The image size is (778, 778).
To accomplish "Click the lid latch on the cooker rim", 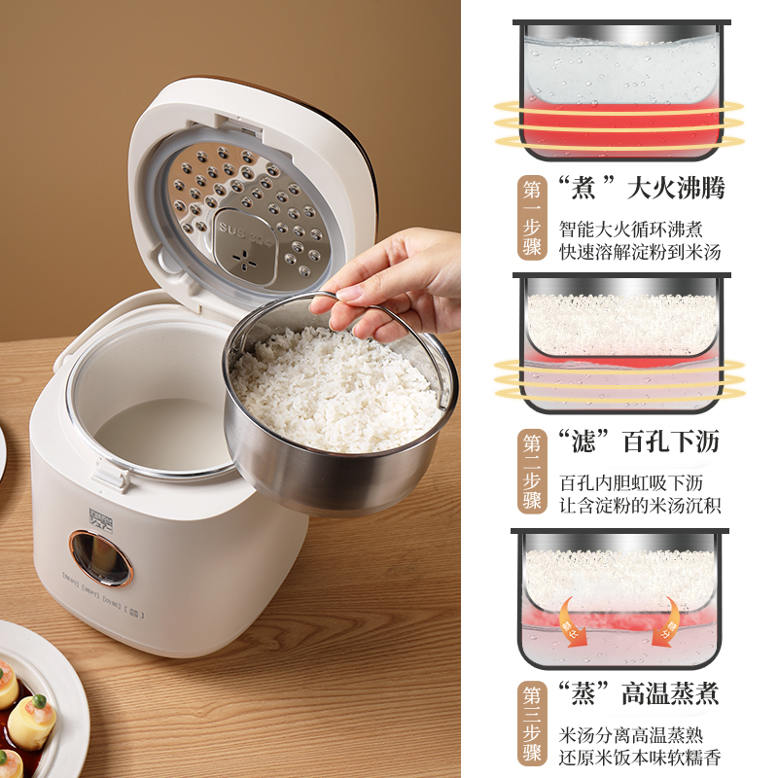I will (x=109, y=475).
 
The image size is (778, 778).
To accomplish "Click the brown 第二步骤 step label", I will (x=532, y=471).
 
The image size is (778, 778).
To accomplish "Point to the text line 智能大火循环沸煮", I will (x=630, y=230).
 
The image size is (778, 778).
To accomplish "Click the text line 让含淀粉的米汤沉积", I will (x=640, y=506).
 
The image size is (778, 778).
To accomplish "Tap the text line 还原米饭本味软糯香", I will (x=640, y=758).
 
